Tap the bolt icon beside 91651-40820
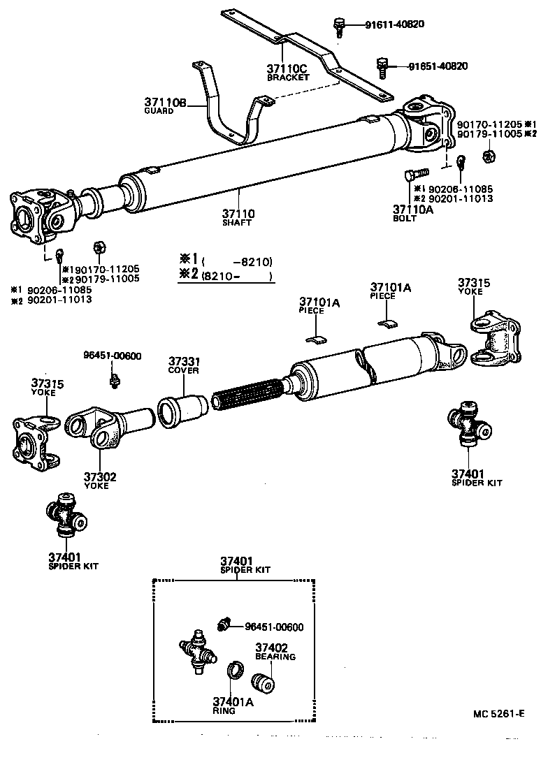382,66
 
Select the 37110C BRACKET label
287,73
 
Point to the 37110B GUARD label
166,106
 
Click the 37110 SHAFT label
238,217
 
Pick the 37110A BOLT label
408,212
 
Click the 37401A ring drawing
235,671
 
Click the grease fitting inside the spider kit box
224,624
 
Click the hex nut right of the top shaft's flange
489,156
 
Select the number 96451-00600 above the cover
112,356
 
